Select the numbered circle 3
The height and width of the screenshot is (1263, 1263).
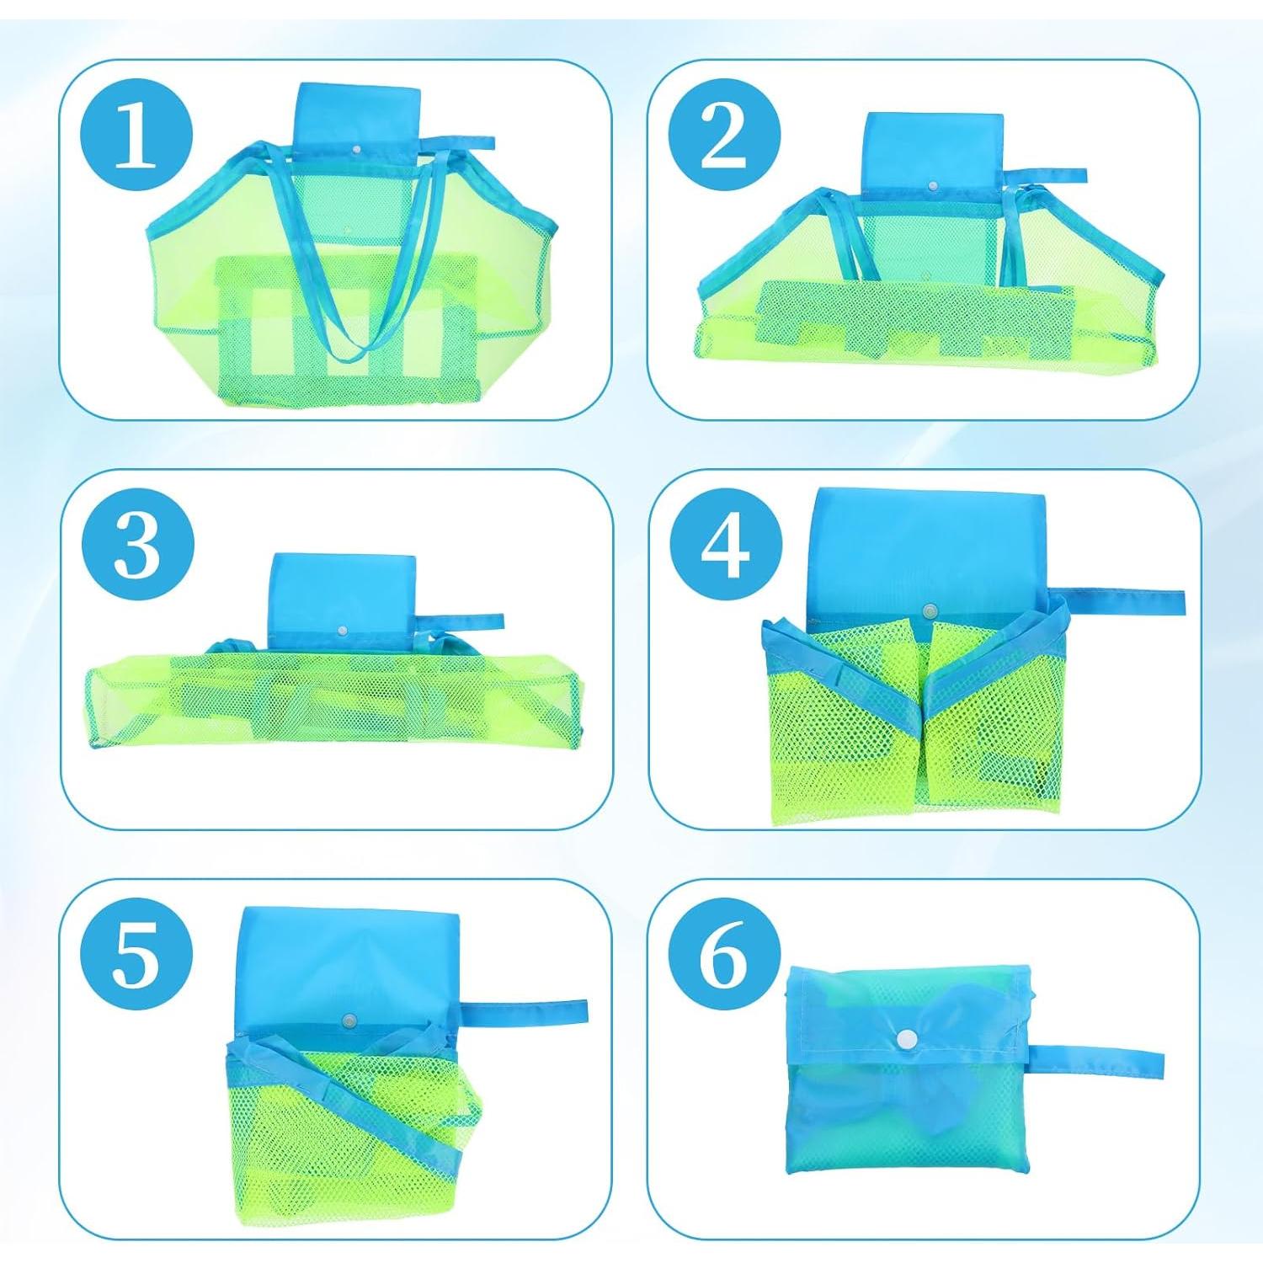[137, 546]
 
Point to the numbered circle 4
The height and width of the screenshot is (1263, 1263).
[724, 546]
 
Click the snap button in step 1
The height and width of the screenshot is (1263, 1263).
[357, 148]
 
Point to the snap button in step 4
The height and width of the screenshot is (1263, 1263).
[930, 610]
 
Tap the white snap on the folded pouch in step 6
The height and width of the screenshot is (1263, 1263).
[906, 1039]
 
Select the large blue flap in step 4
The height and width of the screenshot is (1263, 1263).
[926, 556]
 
